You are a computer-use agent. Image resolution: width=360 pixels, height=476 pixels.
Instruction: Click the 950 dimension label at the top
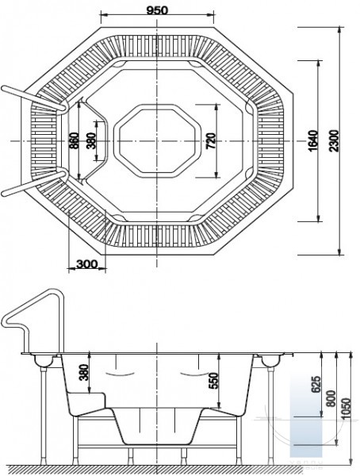[x=157, y=10]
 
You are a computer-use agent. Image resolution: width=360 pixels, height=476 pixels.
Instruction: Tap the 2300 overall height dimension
[x=334, y=140]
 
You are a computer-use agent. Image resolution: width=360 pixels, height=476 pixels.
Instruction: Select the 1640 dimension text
[x=313, y=140]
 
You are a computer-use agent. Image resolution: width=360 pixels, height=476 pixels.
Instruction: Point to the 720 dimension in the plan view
[x=211, y=141]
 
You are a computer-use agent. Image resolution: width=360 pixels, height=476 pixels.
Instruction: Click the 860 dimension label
[x=75, y=140]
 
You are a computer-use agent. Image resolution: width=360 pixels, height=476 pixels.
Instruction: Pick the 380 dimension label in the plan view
[x=91, y=140]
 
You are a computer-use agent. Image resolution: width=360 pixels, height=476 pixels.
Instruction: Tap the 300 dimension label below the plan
[x=87, y=264]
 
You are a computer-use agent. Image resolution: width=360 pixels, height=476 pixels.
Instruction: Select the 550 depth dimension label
[x=213, y=381]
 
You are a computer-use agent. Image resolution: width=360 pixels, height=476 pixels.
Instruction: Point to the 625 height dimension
[x=316, y=385]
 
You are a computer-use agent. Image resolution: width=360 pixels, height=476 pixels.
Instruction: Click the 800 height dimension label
[x=331, y=398]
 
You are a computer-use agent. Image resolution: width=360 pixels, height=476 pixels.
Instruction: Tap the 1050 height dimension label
[x=346, y=409]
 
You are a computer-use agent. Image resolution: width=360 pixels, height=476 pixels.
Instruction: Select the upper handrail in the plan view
[x=33, y=98]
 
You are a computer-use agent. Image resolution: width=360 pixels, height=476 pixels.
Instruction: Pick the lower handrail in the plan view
[x=33, y=183]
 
